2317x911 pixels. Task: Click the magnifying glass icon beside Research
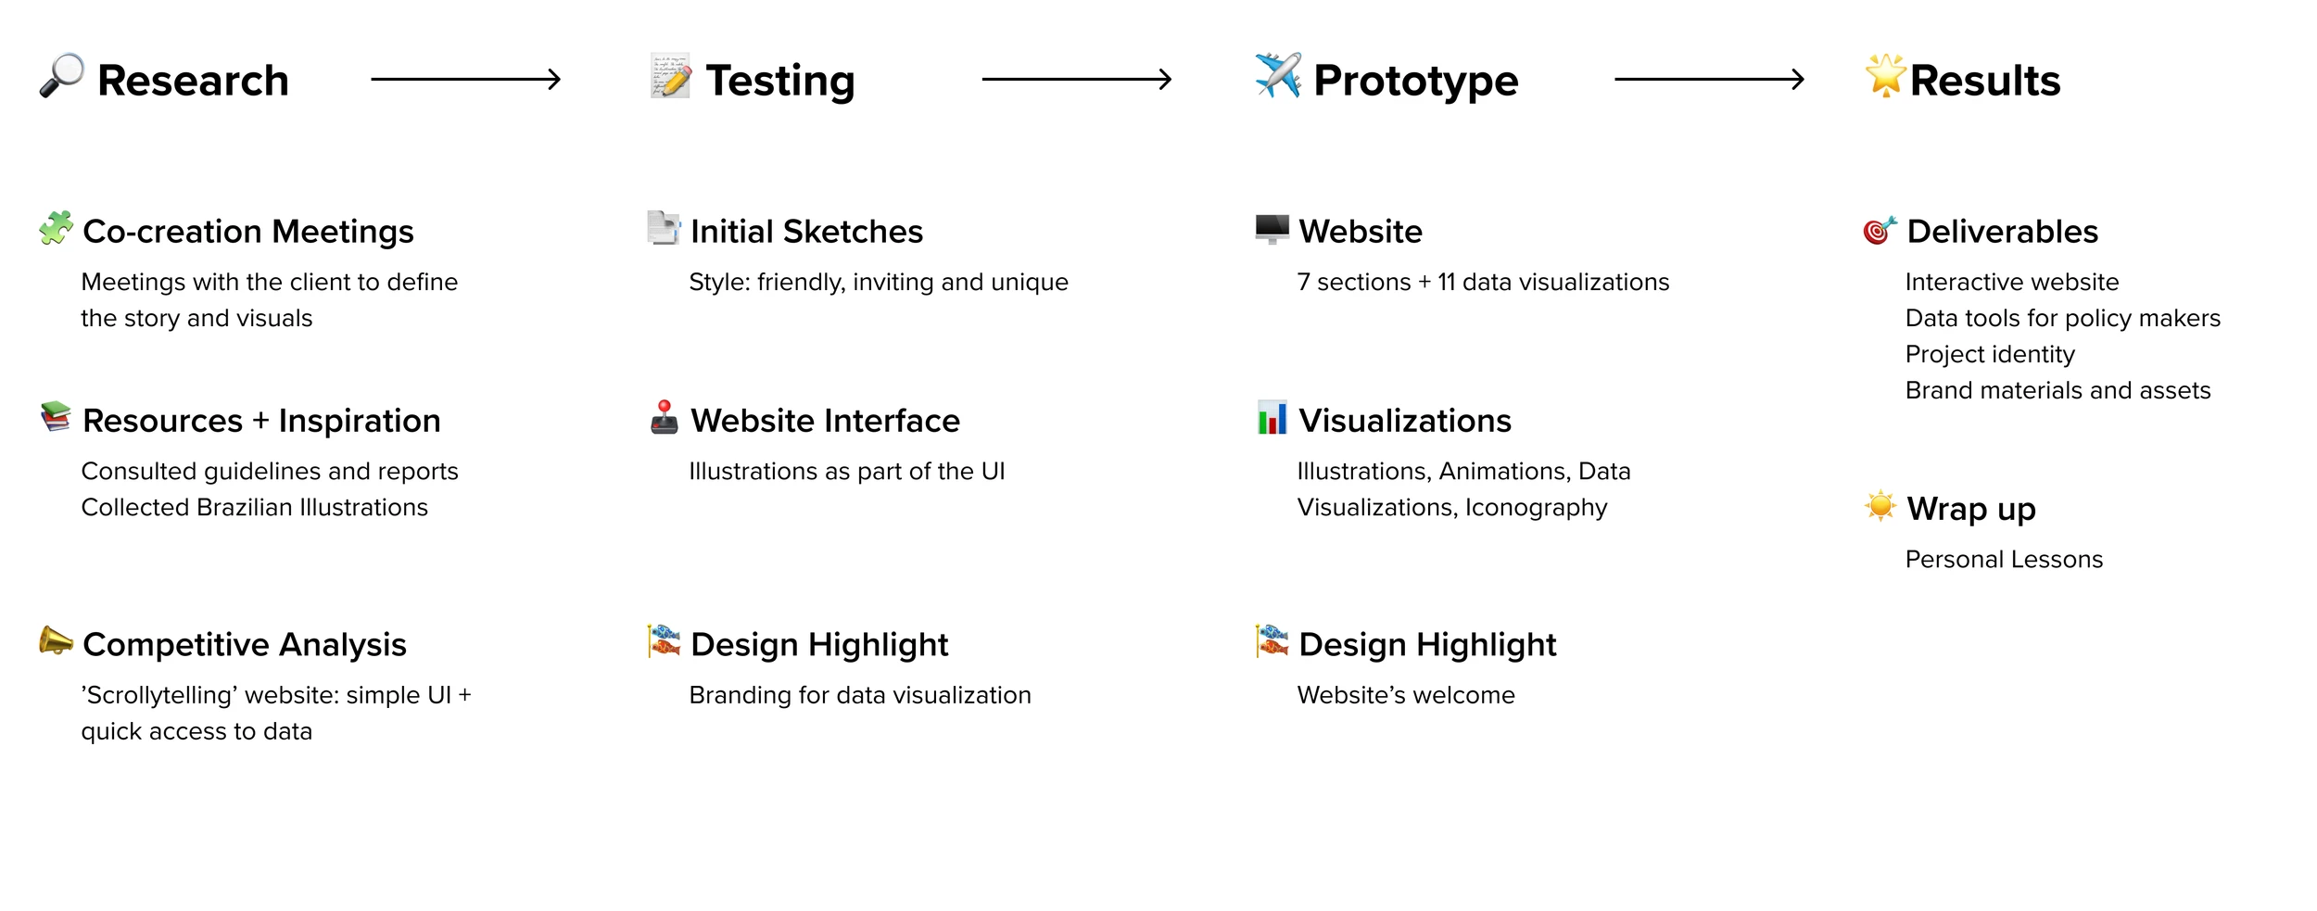coord(62,75)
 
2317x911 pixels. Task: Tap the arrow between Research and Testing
coord(466,80)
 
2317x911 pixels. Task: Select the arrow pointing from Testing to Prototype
coord(1077,80)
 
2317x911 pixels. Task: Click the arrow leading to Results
coord(1710,80)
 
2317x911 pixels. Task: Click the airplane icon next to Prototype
coord(1278,75)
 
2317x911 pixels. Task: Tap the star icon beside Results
coord(1886,75)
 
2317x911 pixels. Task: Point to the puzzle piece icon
coord(57,228)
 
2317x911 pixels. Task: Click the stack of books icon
coord(57,417)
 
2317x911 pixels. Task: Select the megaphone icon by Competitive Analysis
coord(57,640)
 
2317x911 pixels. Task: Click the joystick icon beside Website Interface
coord(665,417)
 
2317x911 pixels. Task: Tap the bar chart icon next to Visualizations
coord(1272,417)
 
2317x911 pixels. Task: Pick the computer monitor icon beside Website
coord(1272,229)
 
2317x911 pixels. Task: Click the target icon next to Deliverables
coord(1880,229)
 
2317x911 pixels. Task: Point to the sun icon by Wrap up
coord(1880,506)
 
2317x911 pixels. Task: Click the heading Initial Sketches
coord(806,232)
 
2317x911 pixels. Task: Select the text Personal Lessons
coord(2004,560)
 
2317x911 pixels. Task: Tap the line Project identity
coord(1990,355)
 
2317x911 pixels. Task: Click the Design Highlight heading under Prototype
coord(1427,645)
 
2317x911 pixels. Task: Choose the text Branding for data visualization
coord(860,696)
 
